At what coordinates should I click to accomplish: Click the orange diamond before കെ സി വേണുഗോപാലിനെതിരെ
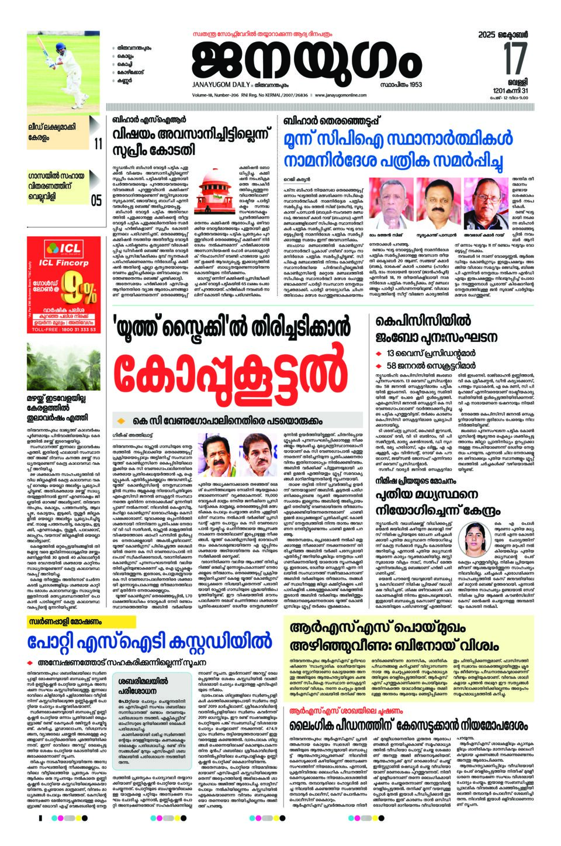tap(122, 420)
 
